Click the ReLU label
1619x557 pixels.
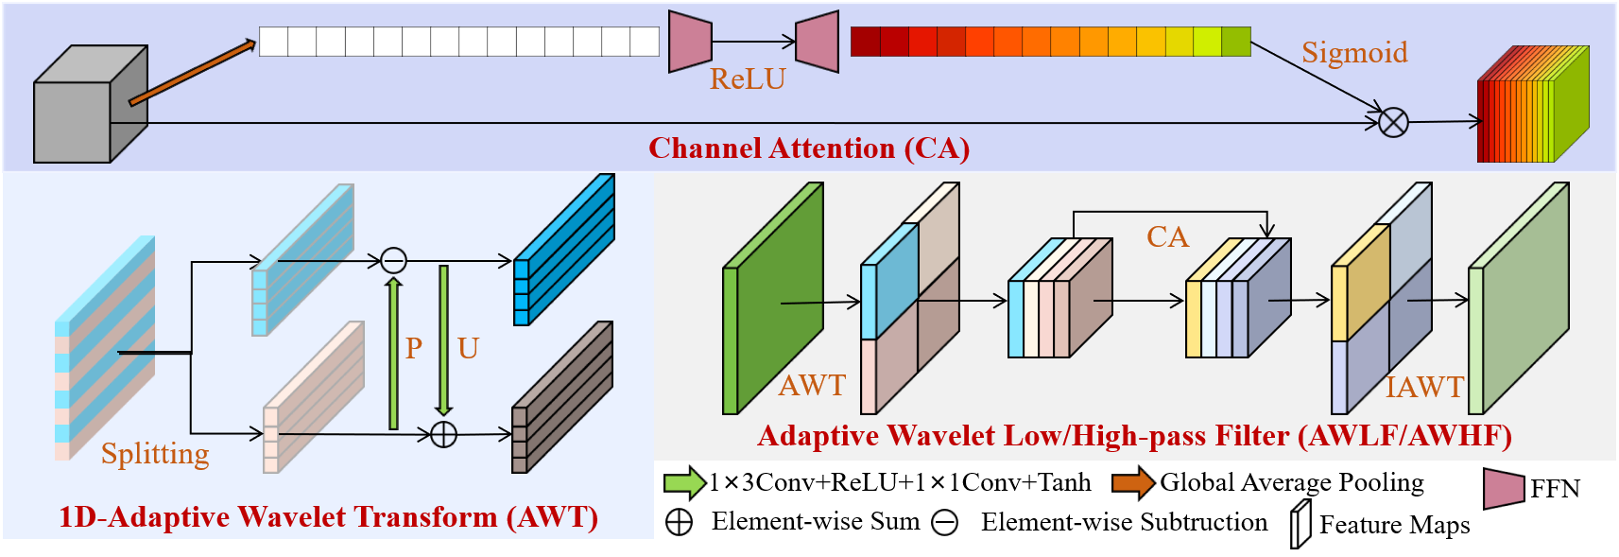pyautogui.click(x=748, y=79)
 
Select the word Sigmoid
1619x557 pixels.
pyautogui.click(x=1354, y=53)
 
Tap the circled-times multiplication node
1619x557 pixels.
pyautogui.click(x=1393, y=122)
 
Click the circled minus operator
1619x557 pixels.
pyautogui.click(x=393, y=260)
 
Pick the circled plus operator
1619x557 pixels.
pyautogui.click(x=443, y=434)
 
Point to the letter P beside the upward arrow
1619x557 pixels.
pyautogui.click(x=414, y=348)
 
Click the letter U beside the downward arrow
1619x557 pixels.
pyautogui.click(x=468, y=348)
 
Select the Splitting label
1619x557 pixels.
pyautogui.click(x=155, y=454)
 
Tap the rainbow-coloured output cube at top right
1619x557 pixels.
pyautogui.click(x=1531, y=106)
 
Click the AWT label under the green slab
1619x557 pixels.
pyautogui.click(x=812, y=385)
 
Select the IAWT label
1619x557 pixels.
pyautogui.click(x=1424, y=387)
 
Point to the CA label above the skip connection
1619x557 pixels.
pyautogui.click(x=1167, y=236)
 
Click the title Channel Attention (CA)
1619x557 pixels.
pyautogui.click(x=808, y=148)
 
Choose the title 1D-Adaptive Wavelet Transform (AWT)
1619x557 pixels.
pyautogui.click(x=328, y=517)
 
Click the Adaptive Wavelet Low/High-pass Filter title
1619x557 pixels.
pyautogui.click(x=1134, y=436)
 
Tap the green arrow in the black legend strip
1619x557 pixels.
pyautogui.click(x=684, y=483)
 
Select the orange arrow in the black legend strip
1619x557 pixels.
pyautogui.click(x=1133, y=483)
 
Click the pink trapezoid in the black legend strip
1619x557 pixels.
pyautogui.click(x=1504, y=489)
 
